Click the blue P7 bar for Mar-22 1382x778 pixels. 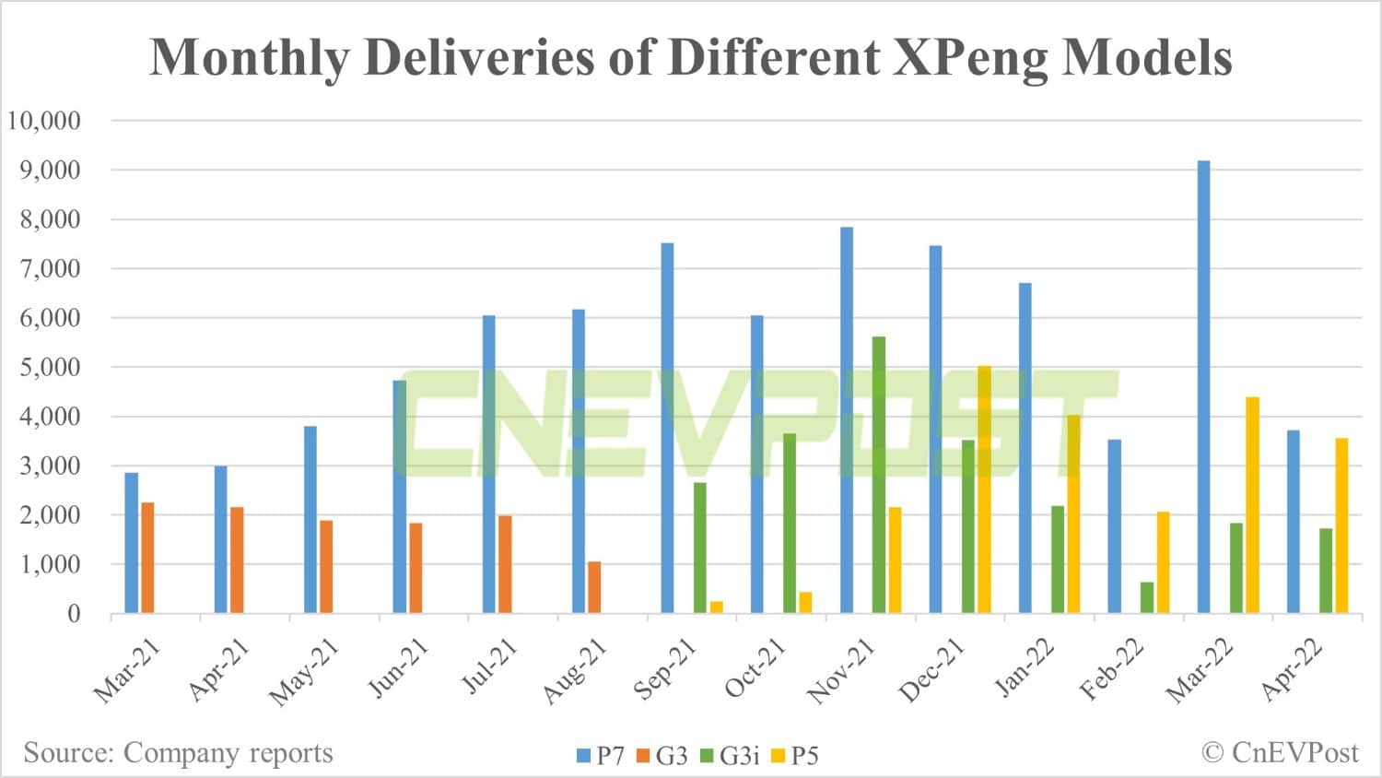click(x=1203, y=387)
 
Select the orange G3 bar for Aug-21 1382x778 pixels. click(x=594, y=587)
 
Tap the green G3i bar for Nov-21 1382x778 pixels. click(x=879, y=475)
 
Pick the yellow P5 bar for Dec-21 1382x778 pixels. click(x=984, y=489)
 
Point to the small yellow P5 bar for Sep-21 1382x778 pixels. click(x=717, y=607)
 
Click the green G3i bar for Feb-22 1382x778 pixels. click(x=1147, y=597)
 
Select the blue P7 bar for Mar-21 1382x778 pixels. click(x=132, y=543)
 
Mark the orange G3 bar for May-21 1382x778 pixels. click(x=326, y=567)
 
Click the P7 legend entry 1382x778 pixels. click(x=601, y=756)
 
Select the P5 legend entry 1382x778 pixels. click(x=795, y=756)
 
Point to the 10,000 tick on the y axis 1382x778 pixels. click(x=44, y=121)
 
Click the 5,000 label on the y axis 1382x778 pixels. click(x=44, y=367)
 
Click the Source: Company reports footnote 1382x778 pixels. click(x=178, y=753)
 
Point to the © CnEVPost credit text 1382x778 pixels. click(x=1280, y=753)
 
